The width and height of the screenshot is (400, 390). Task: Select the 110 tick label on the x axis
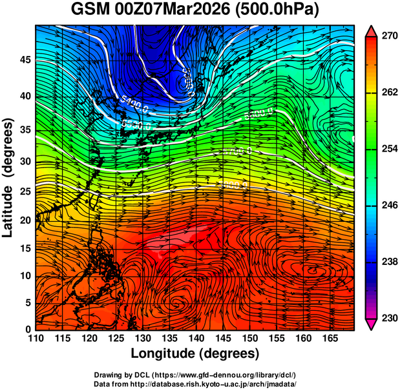[x=36, y=338]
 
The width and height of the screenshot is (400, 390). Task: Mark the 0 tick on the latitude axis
[x=28, y=329]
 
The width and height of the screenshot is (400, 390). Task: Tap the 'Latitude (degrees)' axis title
[x=10, y=177]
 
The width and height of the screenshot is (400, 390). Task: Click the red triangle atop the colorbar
[x=372, y=30]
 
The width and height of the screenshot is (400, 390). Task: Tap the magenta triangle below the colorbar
[x=372, y=324]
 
